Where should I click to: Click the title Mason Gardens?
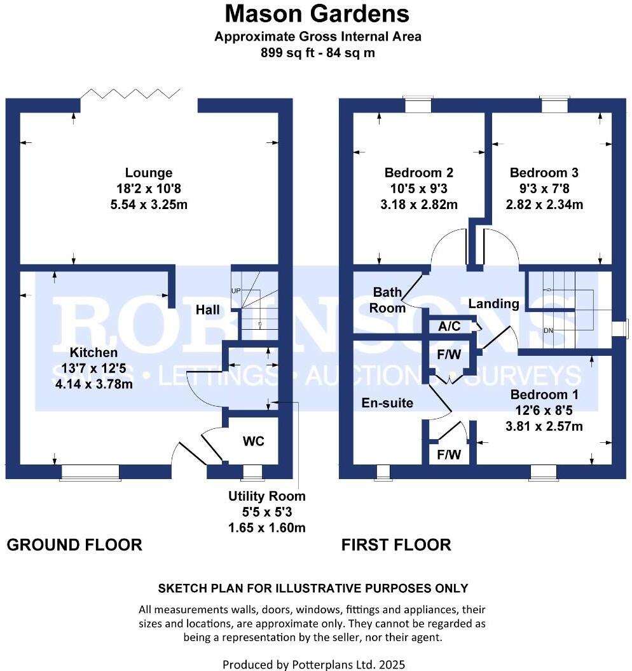tap(317, 13)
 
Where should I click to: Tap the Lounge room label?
tap(149, 173)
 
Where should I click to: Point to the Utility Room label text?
tap(267, 496)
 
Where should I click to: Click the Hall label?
tap(208, 310)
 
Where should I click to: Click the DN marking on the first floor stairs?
tap(549, 330)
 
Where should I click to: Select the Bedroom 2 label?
tap(419, 173)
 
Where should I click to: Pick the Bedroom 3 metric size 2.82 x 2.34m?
tap(546, 205)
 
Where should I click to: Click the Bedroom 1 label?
tap(544, 395)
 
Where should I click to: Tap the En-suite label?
tap(387, 403)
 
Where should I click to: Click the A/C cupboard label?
tap(450, 326)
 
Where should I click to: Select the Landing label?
tap(493, 304)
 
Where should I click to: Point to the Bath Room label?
tap(389, 300)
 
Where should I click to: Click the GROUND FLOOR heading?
tap(74, 545)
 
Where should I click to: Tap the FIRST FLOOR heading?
tap(396, 545)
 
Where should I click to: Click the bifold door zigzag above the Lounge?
tap(130, 94)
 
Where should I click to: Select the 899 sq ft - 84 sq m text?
tap(317, 53)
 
